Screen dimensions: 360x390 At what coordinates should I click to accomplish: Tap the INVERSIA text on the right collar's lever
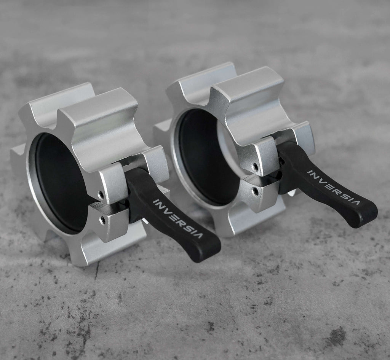(x=333, y=187)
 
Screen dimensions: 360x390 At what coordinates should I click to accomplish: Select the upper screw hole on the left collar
(x=101, y=195)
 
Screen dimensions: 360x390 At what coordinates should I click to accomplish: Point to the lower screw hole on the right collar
(x=256, y=191)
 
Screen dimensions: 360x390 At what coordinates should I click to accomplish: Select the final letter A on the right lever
(x=355, y=201)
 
